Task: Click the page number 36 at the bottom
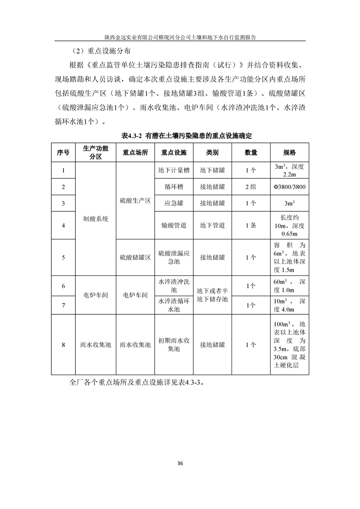coord(180,463)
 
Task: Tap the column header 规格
coord(289,152)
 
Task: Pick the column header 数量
coord(251,152)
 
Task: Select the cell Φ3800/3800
coord(289,187)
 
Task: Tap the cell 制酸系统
coord(96,219)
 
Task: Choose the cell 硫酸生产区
coord(135,200)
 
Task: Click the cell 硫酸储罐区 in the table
coord(135,257)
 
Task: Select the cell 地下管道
coord(212,225)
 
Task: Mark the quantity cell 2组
coord(251,187)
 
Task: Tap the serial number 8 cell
coord(63,345)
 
